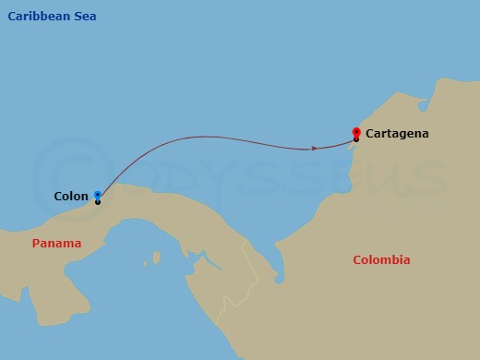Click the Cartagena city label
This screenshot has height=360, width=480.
[397, 134]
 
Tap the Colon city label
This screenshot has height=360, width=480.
[71, 196]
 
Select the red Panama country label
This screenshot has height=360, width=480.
[56, 244]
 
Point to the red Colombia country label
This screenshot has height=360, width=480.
[381, 260]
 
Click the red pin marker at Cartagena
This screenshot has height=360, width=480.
[356, 132]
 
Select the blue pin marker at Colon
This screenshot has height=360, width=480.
[97, 195]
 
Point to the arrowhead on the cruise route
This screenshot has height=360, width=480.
[316, 148]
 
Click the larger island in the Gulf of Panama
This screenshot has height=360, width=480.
[154, 258]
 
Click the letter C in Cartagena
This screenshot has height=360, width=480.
[370, 134]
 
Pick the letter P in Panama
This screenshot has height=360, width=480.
[36, 244]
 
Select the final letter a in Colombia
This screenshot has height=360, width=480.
[406, 260]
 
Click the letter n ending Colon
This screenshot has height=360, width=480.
[85, 197]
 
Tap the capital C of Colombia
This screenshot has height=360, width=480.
[358, 260]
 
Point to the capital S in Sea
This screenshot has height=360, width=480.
[77, 17]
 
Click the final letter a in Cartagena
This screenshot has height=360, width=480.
[425, 135]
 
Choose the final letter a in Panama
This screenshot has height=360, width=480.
[78, 244]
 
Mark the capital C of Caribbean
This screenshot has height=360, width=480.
[12, 17]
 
